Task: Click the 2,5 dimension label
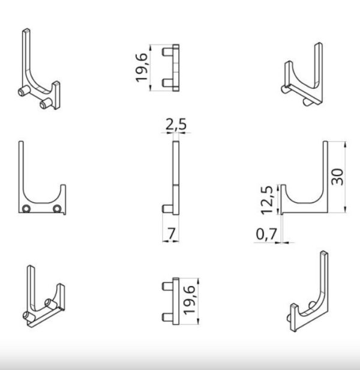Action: coord(176,124)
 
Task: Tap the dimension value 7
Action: coord(171,233)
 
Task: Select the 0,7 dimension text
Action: coord(266,234)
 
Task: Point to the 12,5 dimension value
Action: coord(267,200)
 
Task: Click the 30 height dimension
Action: coord(337,177)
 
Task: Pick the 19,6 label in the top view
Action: coord(142,68)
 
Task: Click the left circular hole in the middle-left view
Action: coord(26,209)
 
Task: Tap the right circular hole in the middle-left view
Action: coord(57,209)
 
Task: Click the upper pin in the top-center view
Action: coord(167,52)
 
